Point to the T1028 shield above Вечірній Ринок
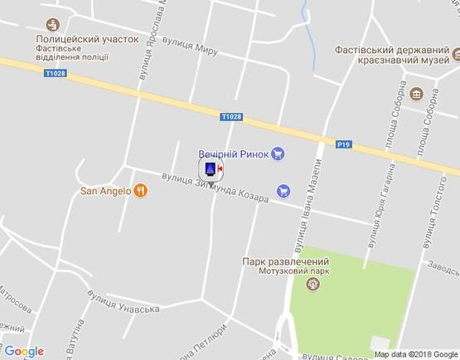(232, 117)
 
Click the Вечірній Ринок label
(234, 153)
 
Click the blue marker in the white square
(211, 170)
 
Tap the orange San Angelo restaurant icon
(142, 191)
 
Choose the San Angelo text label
(105, 191)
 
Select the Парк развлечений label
(282, 260)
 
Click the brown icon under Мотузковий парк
(312, 285)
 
